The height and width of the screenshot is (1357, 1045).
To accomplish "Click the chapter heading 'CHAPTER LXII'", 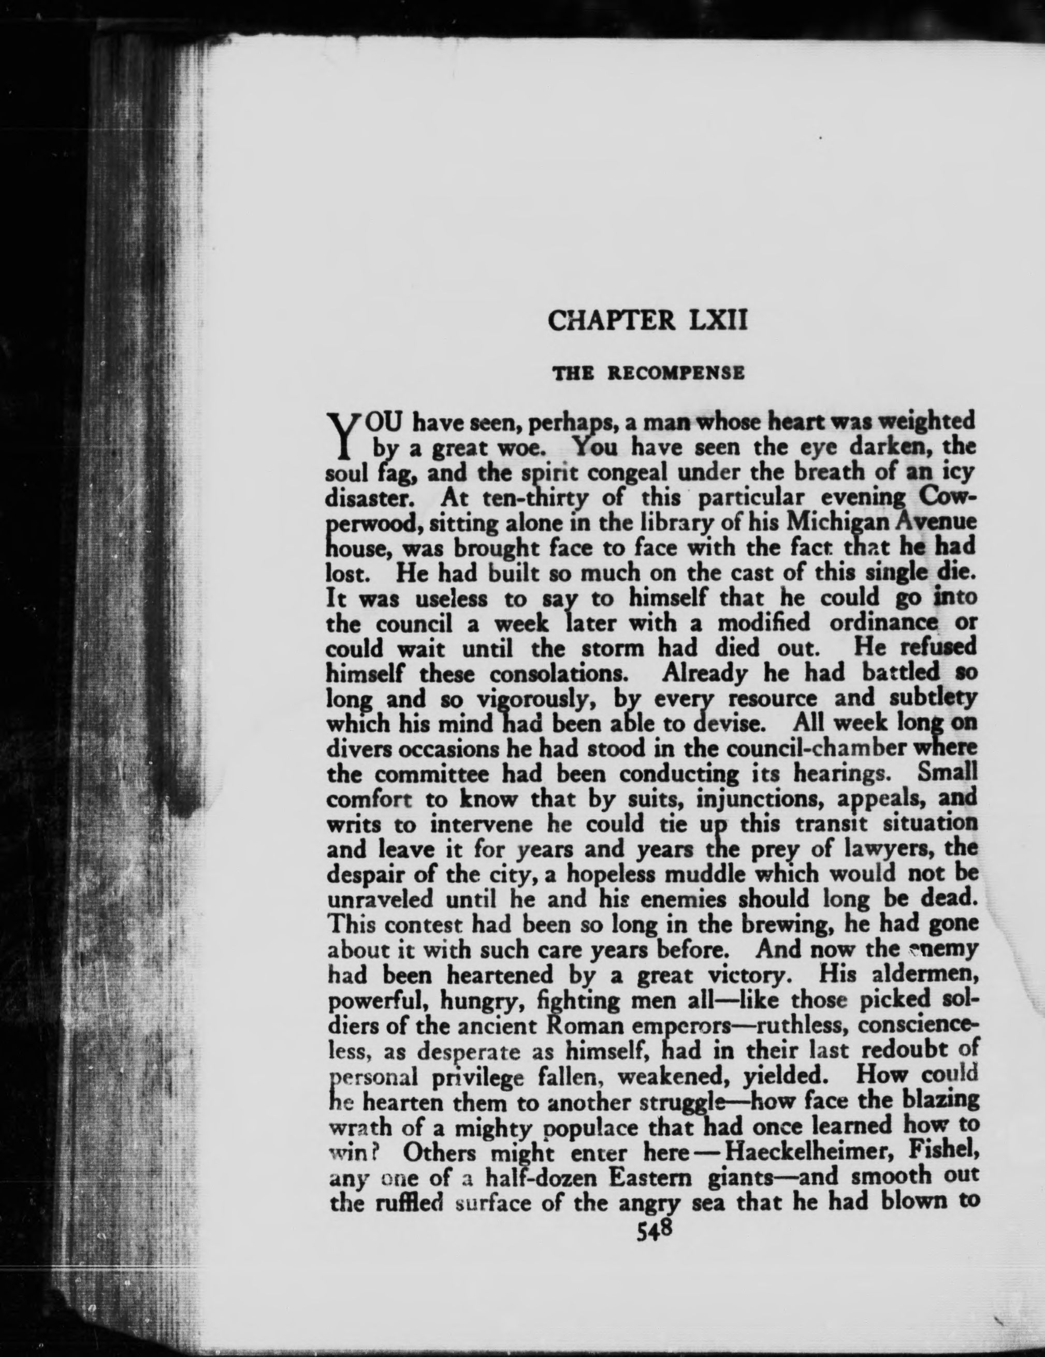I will [x=647, y=320].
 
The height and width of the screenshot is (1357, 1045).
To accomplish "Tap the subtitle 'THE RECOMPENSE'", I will [x=649, y=373].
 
